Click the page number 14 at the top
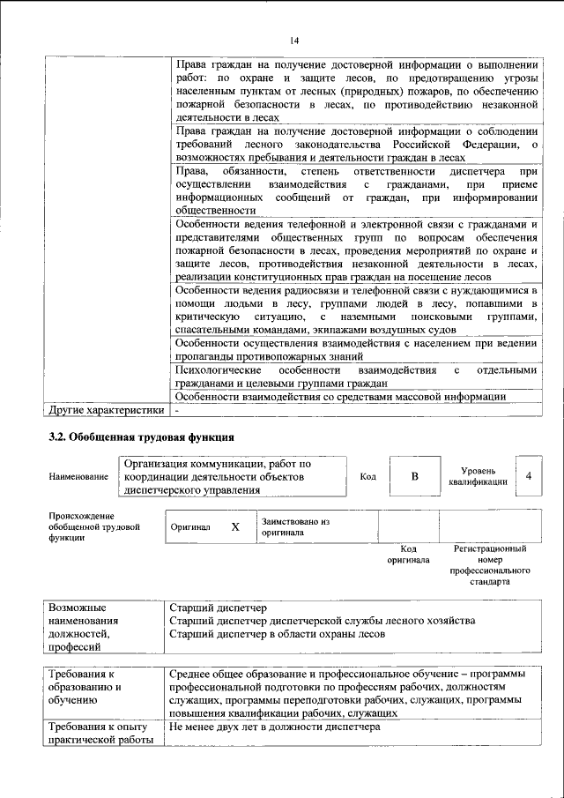point(294,40)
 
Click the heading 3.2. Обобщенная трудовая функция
point(140,436)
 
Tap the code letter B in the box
point(414,476)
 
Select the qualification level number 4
point(528,476)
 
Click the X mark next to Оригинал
point(234,527)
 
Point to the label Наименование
point(79,476)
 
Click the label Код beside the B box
point(368,476)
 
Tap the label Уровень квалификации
point(477,476)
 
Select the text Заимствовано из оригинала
point(294,527)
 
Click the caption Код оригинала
point(408,554)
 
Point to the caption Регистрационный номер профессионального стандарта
point(490,565)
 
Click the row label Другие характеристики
point(106,410)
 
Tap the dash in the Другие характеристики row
point(177,410)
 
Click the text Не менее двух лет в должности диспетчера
point(274,727)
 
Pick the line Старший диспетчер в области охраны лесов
point(277,633)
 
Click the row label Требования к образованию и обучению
point(88,688)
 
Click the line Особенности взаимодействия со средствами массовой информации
point(341,397)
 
